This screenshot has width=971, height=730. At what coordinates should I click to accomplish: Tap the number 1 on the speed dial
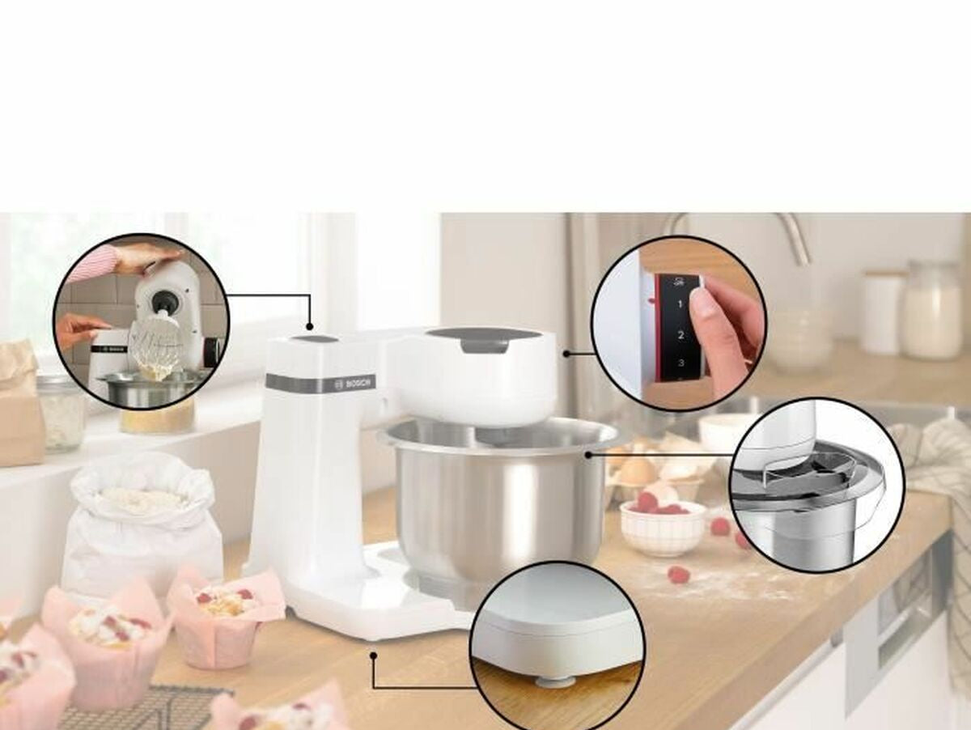tap(681, 304)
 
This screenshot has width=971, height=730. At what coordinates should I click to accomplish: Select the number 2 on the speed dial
tap(681, 334)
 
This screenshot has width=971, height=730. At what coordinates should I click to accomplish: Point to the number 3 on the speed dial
tap(681, 363)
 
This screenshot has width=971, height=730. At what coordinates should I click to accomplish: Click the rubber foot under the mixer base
tap(549, 681)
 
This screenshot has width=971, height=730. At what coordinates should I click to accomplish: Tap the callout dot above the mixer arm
tap(310, 326)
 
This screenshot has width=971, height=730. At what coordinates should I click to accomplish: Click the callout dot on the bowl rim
tap(588, 454)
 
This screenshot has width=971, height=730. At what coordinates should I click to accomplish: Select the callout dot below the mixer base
tap(374, 656)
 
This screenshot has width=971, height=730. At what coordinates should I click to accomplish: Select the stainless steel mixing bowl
tap(498, 495)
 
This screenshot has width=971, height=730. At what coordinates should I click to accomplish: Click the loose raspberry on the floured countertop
tap(679, 575)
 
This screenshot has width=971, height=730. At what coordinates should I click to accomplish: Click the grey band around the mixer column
tap(322, 383)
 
